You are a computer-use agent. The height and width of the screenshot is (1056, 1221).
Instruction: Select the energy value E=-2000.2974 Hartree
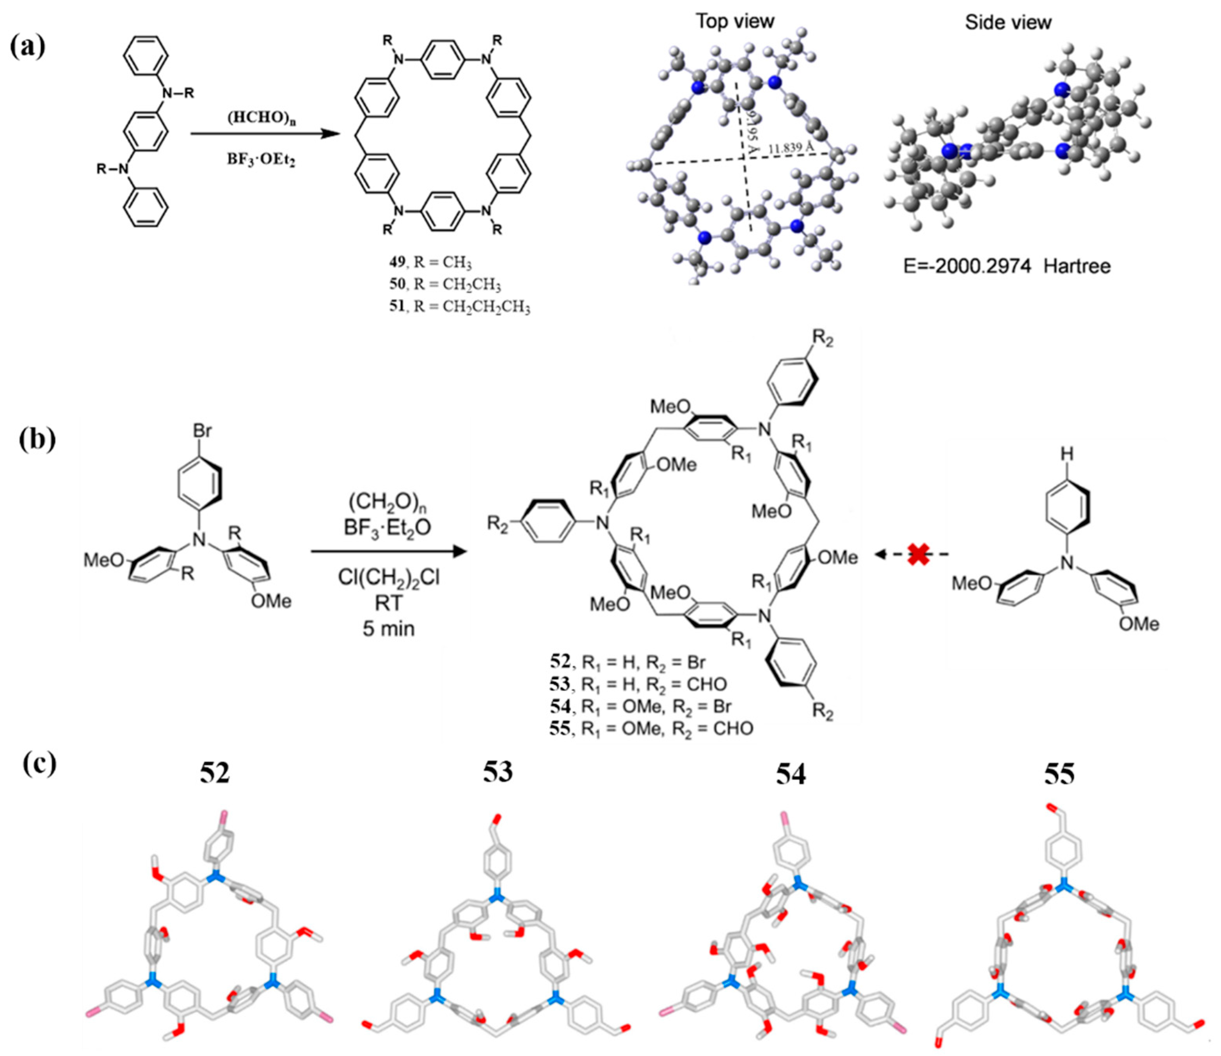pos(1007,267)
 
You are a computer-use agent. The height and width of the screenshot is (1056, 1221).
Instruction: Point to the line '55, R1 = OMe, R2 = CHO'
pos(651,729)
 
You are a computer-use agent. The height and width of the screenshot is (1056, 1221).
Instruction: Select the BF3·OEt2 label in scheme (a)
pos(261,159)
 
